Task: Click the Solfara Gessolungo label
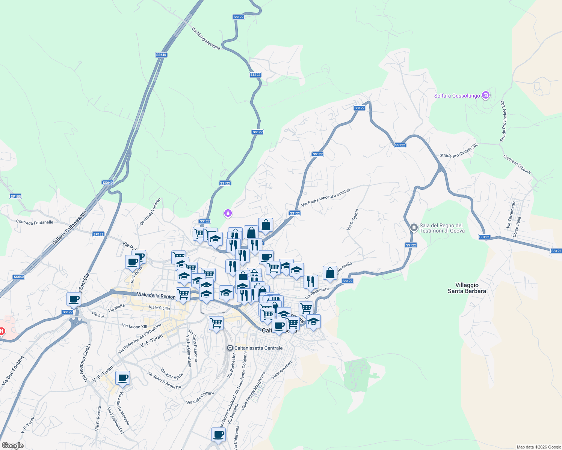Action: tap(457, 96)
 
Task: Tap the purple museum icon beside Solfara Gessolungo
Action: tap(486, 96)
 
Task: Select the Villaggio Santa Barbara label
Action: tap(467, 288)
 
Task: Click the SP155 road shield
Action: tap(16, 196)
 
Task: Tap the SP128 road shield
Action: tap(98, 234)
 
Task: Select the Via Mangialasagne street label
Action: tap(206, 38)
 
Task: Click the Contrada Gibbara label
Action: tap(517, 164)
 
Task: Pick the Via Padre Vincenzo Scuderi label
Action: tap(326, 197)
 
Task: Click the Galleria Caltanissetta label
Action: tap(69, 228)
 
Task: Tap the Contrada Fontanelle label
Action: tap(35, 222)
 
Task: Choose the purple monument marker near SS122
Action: tap(228, 214)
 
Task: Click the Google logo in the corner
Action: tap(12, 445)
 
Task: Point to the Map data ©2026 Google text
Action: tap(539, 447)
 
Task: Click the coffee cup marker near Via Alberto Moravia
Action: tap(122, 378)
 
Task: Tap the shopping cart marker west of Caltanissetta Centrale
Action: tap(216, 323)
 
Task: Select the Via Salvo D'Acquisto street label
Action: tap(164, 380)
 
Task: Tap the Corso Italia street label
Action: tap(517, 227)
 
